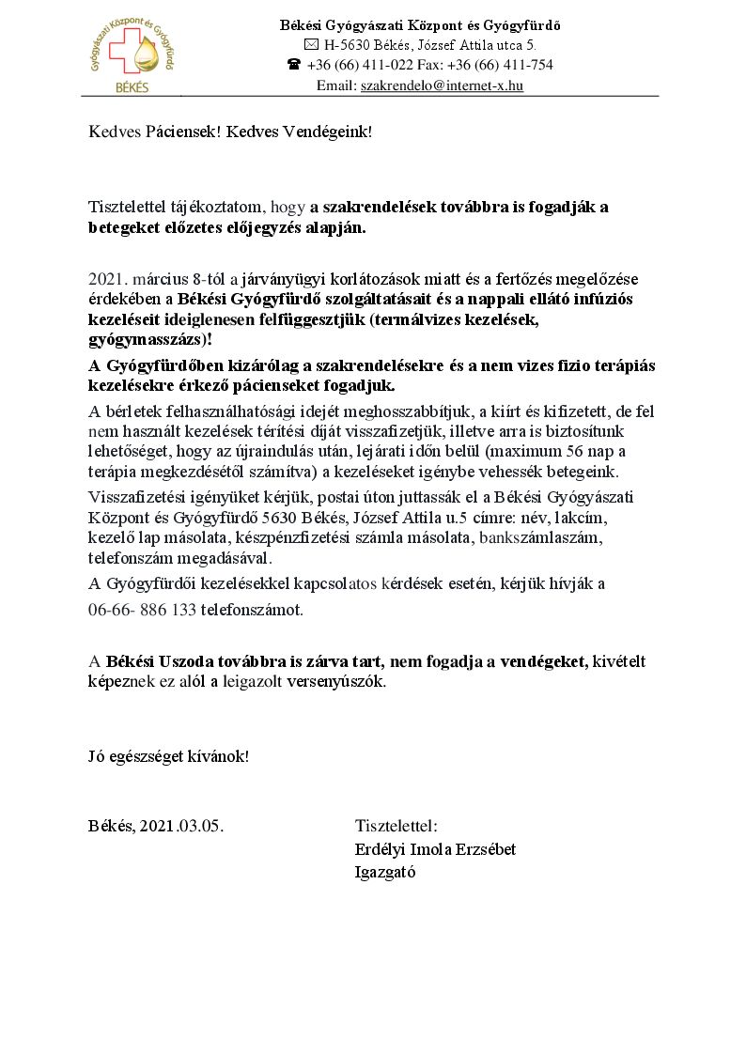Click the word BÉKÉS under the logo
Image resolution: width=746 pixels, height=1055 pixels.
click(x=131, y=86)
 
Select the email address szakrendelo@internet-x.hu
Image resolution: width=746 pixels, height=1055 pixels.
click(x=442, y=85)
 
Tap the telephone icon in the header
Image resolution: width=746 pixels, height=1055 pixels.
click(x=293, y=65)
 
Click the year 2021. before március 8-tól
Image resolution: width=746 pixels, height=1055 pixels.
click(x=107, y=279)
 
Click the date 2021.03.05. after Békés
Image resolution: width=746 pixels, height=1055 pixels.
click(x=181, y=827)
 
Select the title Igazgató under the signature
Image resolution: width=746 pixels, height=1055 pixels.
click(x=385, y=872)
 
